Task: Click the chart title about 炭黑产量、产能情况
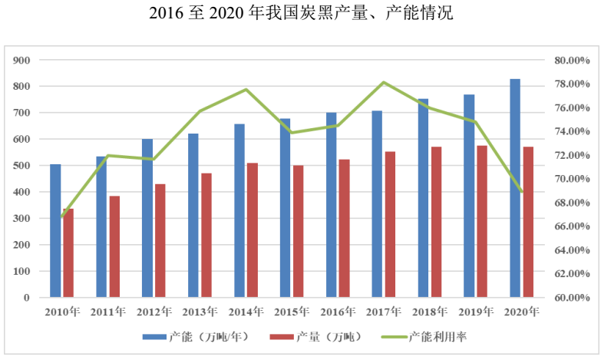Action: pyautogui.click(x=301, y=13)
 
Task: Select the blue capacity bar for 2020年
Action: pyautogui.click(x=515, y=188)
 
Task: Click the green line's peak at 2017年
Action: pyautogui.click(x=384, y=82)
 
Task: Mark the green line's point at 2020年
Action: pyautogui.click(x=522, y=191)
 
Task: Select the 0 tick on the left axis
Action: pyautogui.click(x=26, y=298)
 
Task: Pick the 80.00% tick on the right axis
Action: pyautogui.click(x=571, y=60)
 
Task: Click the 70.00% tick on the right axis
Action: pyautogui.click(x=571, y=179)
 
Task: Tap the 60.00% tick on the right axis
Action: pyautogui.click(x=571, y=298)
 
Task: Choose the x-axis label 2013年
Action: pyautogui.click(x=200, y=312)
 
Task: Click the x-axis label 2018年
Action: pyautogui.click(x=430, y=312)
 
